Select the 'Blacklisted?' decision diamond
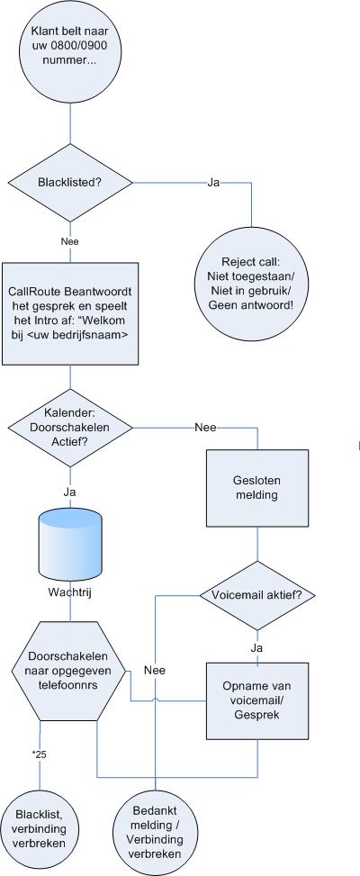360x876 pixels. point(70,183)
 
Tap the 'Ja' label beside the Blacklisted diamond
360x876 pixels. point(213,183)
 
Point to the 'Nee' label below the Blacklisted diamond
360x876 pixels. point(70,242)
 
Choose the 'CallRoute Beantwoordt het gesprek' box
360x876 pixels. point(70,313)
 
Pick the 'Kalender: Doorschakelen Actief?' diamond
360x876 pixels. point(70,428)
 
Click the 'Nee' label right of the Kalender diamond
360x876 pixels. point(205,428)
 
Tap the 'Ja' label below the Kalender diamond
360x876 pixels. point(70,492)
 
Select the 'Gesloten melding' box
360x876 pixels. point(257,488)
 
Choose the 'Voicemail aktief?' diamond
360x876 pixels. point(257,595)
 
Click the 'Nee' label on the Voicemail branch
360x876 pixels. point(155,671)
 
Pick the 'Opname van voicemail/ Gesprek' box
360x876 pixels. point(257,701)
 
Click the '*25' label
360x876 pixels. point(40,754)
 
